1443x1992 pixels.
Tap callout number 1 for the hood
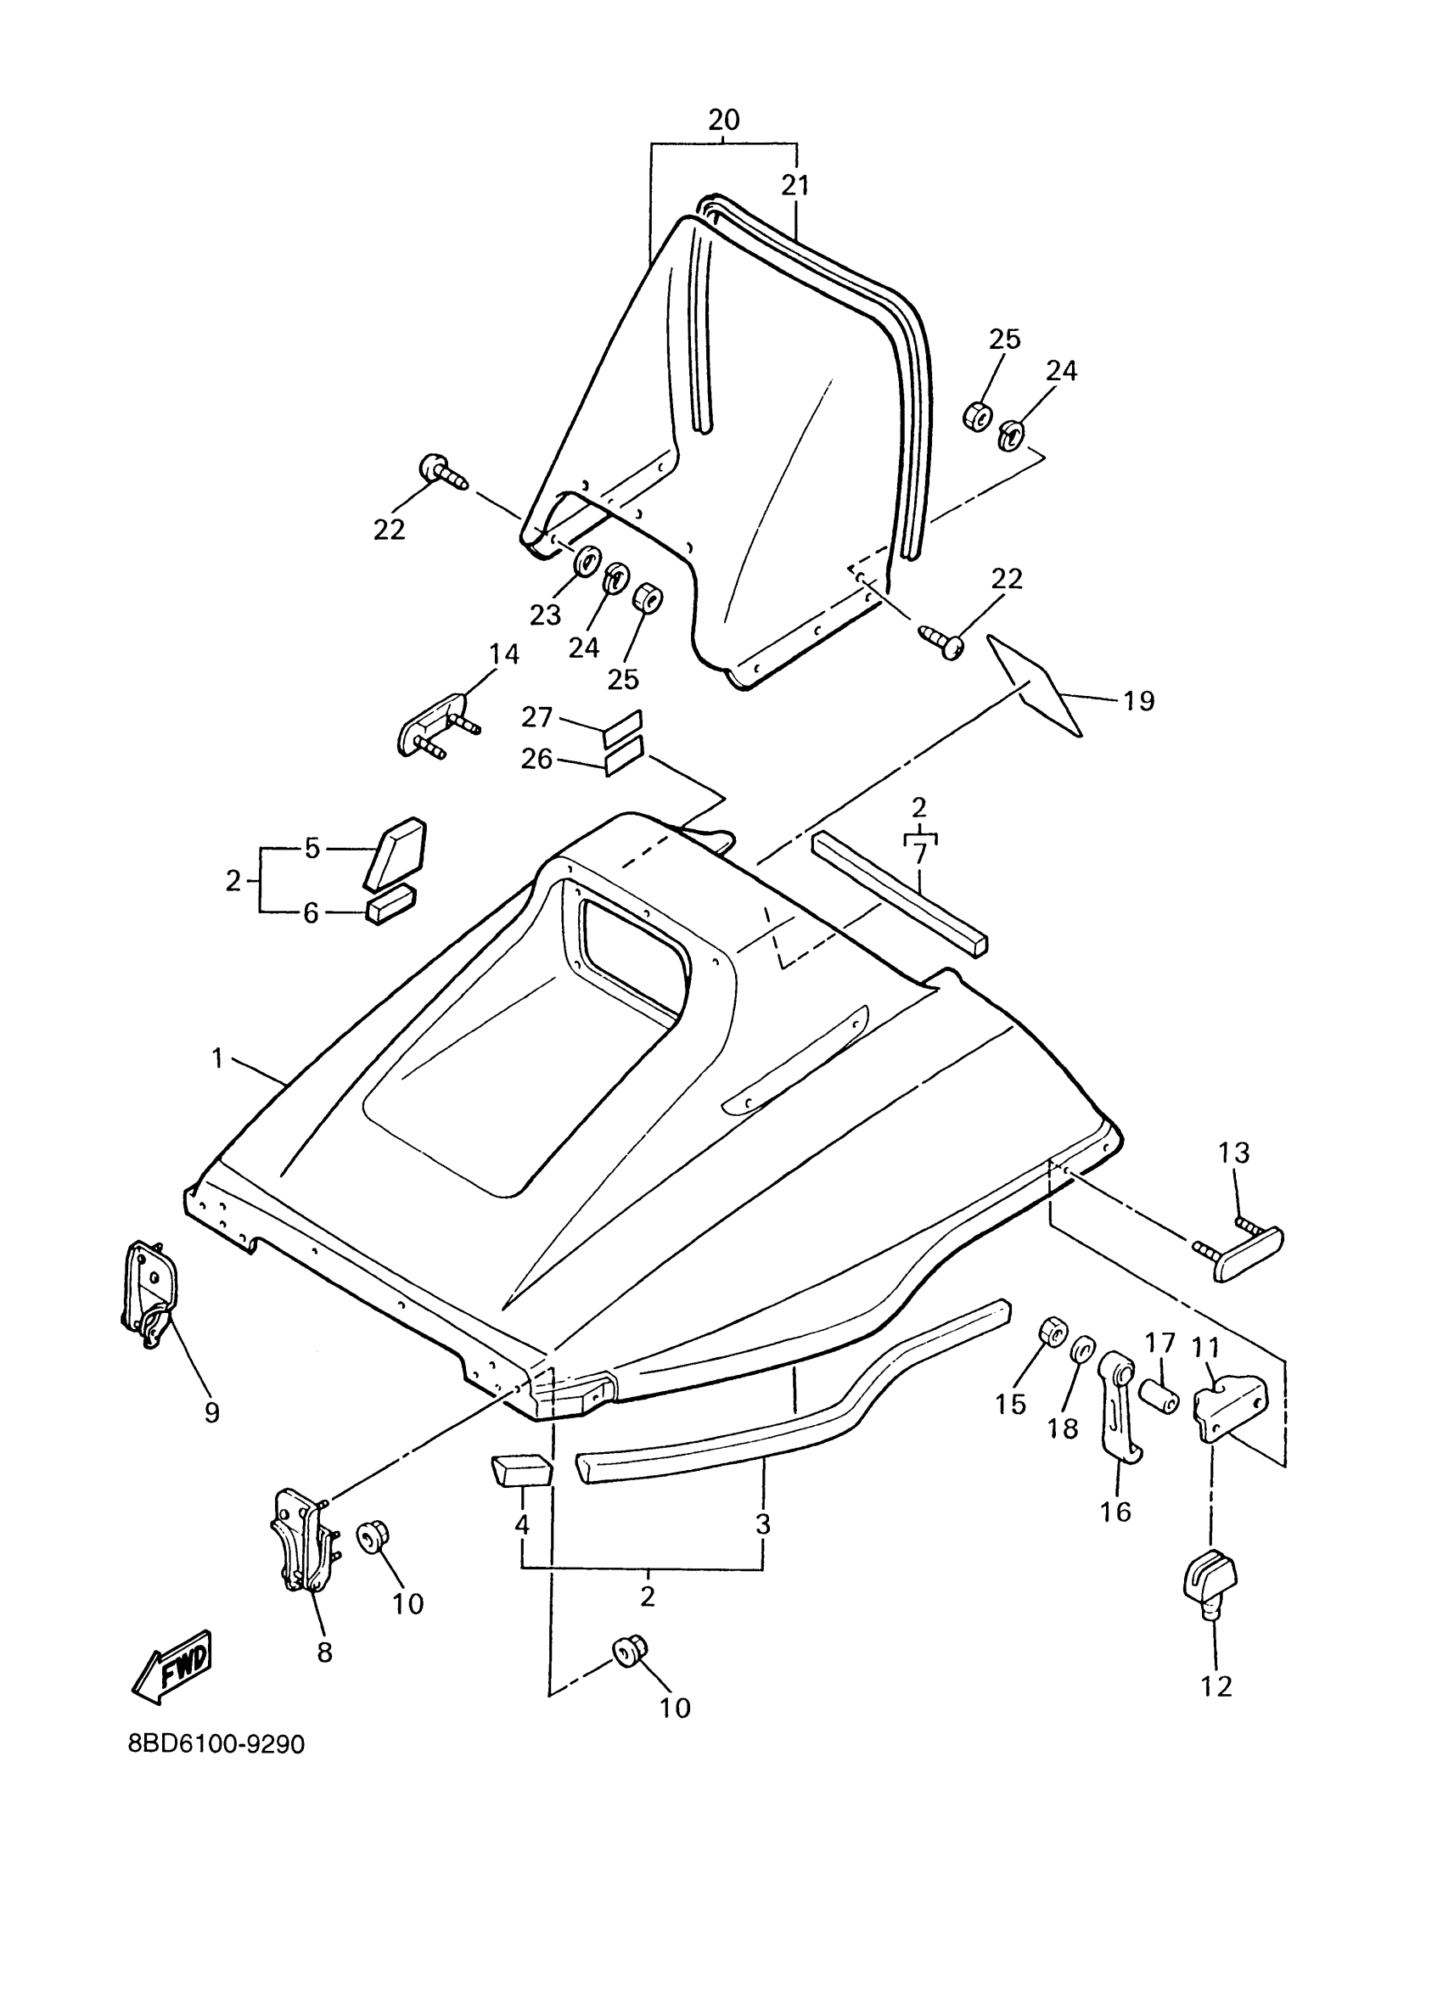point(218,1058)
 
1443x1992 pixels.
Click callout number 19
point(1137,701)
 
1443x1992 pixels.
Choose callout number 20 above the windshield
point(724,120)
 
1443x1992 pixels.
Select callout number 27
point(536,717)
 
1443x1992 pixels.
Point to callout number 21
point(795,185)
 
